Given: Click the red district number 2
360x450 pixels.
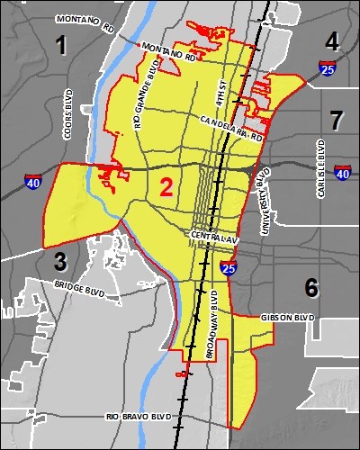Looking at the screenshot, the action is pyautogui.click(x=166, y=187).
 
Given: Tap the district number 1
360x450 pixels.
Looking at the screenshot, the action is pyautogui.click(x=61, y=44).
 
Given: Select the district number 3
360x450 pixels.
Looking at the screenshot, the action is pyautogui.click(x=60, y=262).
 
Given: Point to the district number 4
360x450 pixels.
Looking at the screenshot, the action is pyautogui.click(x=332, y=40).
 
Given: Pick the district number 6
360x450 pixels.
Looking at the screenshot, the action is pyautogui.click(x=311, y=287).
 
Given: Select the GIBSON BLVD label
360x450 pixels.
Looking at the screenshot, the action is pyautogui.click(x=287, y=318).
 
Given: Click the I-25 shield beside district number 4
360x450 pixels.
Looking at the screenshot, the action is pyautogui.click(x=328, y=67).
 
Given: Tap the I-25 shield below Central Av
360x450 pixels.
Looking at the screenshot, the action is pyautogui.click(x=229, y=267).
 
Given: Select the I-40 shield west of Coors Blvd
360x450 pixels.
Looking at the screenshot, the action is pyautogui.click(x=32, y=182).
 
